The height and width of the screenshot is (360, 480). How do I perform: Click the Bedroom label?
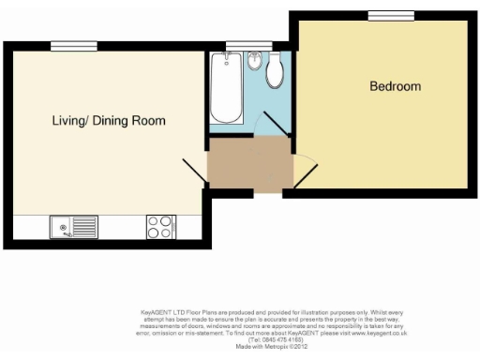pyautogui.click(x=395, y=87)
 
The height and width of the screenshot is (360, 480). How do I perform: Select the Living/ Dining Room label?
pyautogui.click(x=109, y=121)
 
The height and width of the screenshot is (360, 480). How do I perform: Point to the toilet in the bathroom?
pyautogui.click(x=275, y=71)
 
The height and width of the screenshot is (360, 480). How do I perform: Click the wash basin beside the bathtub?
pyautogui.click(x=252, y=64)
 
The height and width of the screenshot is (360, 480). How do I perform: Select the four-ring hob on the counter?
pyautogui.click(x=160, y=227)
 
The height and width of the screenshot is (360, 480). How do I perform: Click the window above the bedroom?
pyautogui.click(x=383, y=15)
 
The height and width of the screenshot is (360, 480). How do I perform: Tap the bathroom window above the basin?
pyautogui.click(x=245, y=46)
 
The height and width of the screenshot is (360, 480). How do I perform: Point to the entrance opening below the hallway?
pyautogui.click(x=268, y=193)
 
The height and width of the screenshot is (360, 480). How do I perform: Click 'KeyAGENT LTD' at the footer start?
pyautogui.click(x=158, y=308)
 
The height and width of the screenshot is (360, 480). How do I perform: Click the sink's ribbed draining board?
pyautogui.click(x=85, y=227)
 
